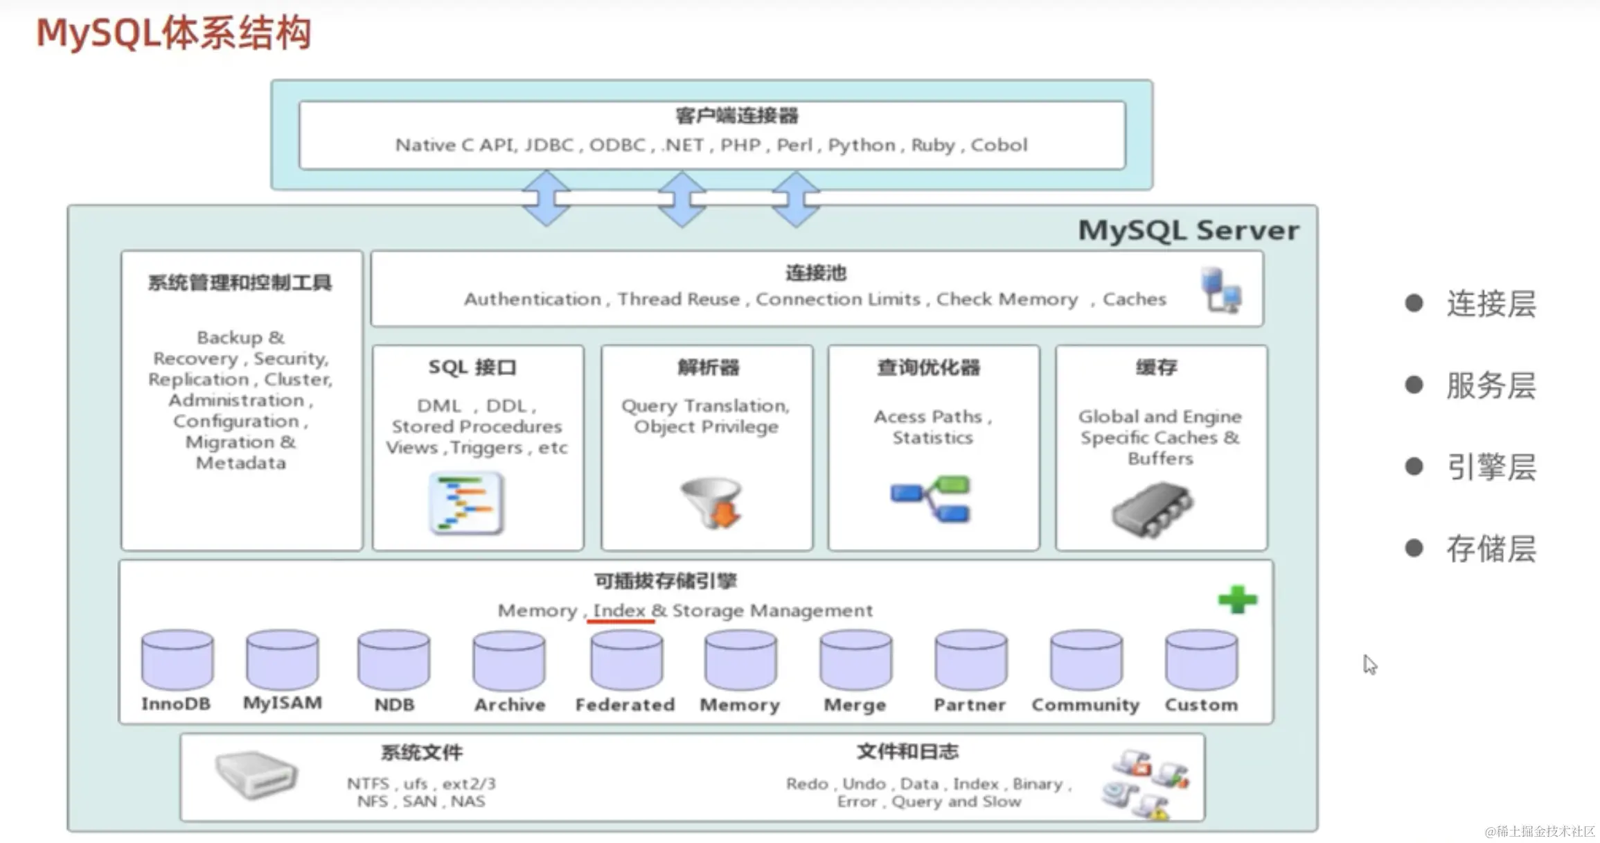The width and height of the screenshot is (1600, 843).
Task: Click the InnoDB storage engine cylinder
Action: [x=177, y=658]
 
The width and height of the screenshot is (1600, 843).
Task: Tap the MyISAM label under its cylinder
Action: [x=283, y=703]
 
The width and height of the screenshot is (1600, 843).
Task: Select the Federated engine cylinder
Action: [x=626, y=658]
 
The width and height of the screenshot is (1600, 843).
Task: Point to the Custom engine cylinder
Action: [x=1201, y=658]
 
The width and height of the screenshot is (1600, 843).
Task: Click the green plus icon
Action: [x=1237, y=600]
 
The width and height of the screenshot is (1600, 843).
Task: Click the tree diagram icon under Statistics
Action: [x=931, y=498]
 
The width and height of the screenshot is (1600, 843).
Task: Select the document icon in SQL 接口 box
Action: [x=465, y=503]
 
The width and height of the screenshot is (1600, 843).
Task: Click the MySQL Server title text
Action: [x=1189, y=230]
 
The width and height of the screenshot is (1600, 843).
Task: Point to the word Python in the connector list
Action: [x=862, y=145]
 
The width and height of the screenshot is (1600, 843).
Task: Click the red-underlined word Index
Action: [x=619, y=611]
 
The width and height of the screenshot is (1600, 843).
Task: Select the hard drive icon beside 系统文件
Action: [x=256, y=774]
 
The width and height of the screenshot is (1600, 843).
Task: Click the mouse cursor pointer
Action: [x=1369, y=663]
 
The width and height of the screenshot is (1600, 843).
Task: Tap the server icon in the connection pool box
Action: [x=1220, y=290]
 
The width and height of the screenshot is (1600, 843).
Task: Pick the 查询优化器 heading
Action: [x=929, y=367]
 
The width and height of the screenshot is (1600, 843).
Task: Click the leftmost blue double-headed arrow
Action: [x=546, y=198]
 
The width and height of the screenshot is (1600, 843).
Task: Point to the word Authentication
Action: [x=532, y=299]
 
